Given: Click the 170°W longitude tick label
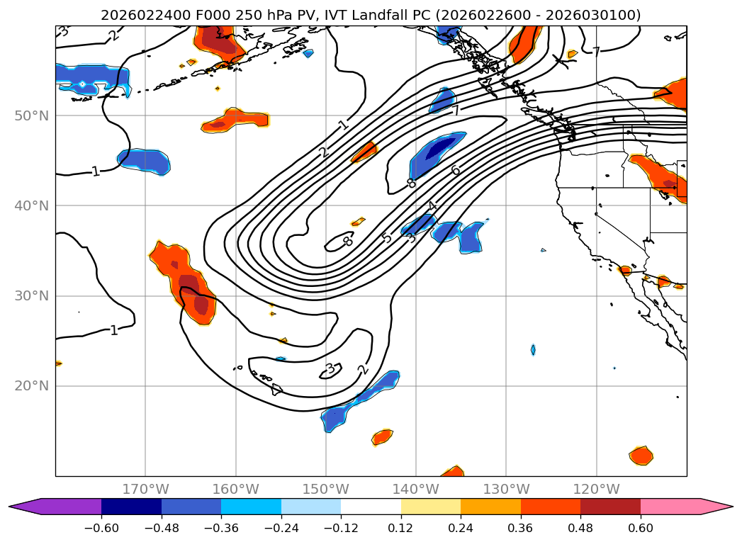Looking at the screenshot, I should coord(145,489).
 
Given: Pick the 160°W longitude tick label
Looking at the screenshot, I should coord(235,489).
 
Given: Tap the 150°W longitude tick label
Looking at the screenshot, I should coord(326,489).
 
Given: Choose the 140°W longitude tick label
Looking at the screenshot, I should coord(416,489).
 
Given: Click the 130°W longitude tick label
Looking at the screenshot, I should coord(506,489).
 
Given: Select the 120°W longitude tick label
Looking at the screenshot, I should coord(596,489).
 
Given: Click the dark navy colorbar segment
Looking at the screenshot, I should coord(131,507).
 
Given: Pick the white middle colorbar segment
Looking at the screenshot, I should coord(371,507).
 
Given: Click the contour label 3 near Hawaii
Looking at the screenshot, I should coord(330,368).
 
